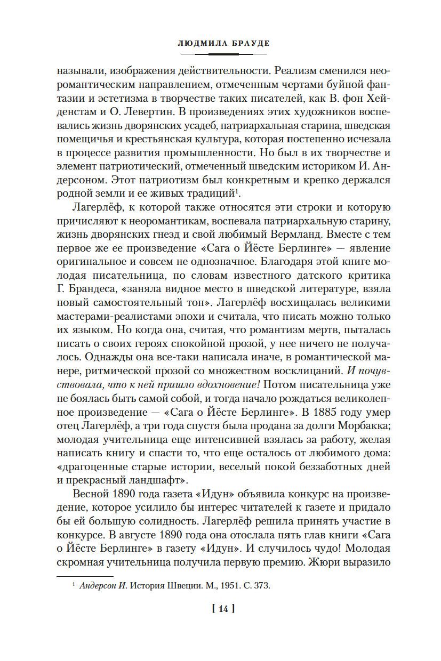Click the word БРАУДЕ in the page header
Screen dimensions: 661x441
[x=247, y=44]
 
